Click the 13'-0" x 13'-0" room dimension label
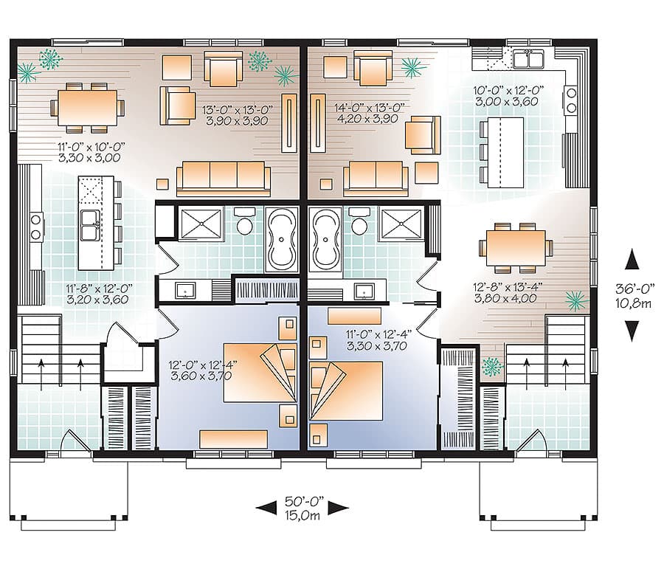[238, 110]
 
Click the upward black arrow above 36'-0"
[632, 261]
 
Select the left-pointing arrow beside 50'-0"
[267, 506]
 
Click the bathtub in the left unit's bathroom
[281, 240]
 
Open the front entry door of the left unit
[74, 442]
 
